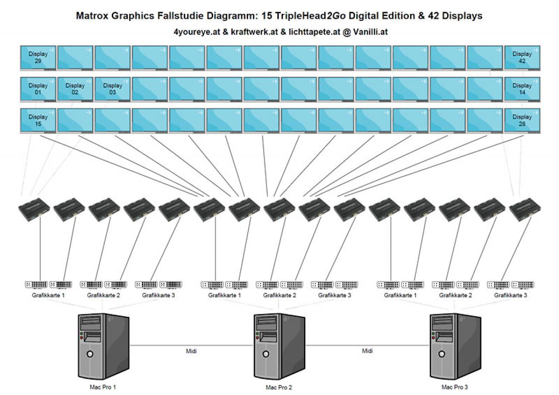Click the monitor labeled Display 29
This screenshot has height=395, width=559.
pos(38,58)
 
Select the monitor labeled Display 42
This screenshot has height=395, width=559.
pos(522,58)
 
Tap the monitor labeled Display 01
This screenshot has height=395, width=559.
pos(38,89)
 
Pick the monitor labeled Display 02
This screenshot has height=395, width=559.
pos(75,89)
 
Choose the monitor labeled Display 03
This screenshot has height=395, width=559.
pos(113,89)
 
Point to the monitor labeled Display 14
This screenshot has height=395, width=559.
pos(522,89)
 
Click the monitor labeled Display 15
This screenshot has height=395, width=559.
pos(38,121)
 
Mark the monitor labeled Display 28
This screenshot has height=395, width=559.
pos(522,121)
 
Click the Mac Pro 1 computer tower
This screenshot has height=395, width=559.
pos(104,347)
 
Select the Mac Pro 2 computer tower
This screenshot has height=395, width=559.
pos(279,347)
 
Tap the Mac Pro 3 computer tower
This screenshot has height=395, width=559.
pos(455,347)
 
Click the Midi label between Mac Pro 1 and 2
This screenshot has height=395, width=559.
pos(191,351)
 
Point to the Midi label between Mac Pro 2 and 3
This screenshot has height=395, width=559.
pos(367,351)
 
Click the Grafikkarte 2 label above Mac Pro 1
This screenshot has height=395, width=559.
pos(104,295)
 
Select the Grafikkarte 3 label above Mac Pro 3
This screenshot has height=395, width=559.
pos(511,295)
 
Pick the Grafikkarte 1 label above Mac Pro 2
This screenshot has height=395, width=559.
pos(224,295)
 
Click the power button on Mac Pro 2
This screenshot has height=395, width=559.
pos(266,354)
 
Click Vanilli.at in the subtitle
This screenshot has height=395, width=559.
pos(370,32)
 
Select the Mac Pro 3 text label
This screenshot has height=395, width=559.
pos(455,387)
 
